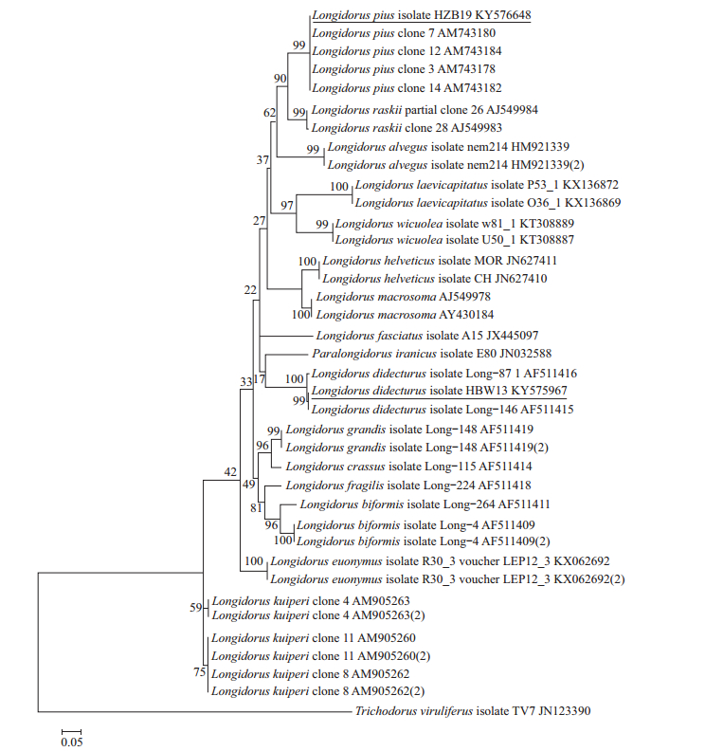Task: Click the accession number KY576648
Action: [497, 16]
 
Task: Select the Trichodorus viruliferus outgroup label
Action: [472, 710]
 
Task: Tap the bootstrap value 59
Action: [197, 608]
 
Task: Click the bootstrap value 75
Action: [197, 673]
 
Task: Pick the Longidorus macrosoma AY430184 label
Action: [404, 315]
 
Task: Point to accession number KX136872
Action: [587, 185]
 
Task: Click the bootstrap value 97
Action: [288, 206]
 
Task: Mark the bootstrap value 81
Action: [255, 507]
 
